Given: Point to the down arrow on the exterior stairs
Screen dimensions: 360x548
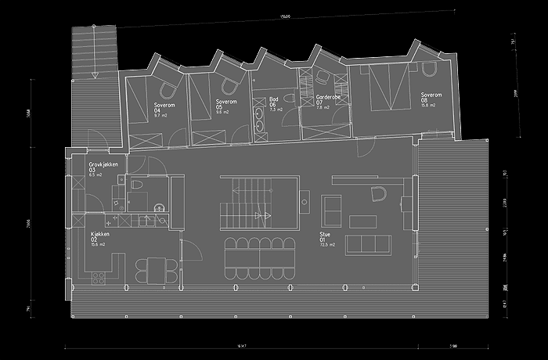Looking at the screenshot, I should click(94, 74).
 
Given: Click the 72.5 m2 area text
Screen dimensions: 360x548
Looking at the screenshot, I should click(327, 245).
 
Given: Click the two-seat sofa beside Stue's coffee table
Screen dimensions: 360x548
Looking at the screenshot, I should click(332, 209).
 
